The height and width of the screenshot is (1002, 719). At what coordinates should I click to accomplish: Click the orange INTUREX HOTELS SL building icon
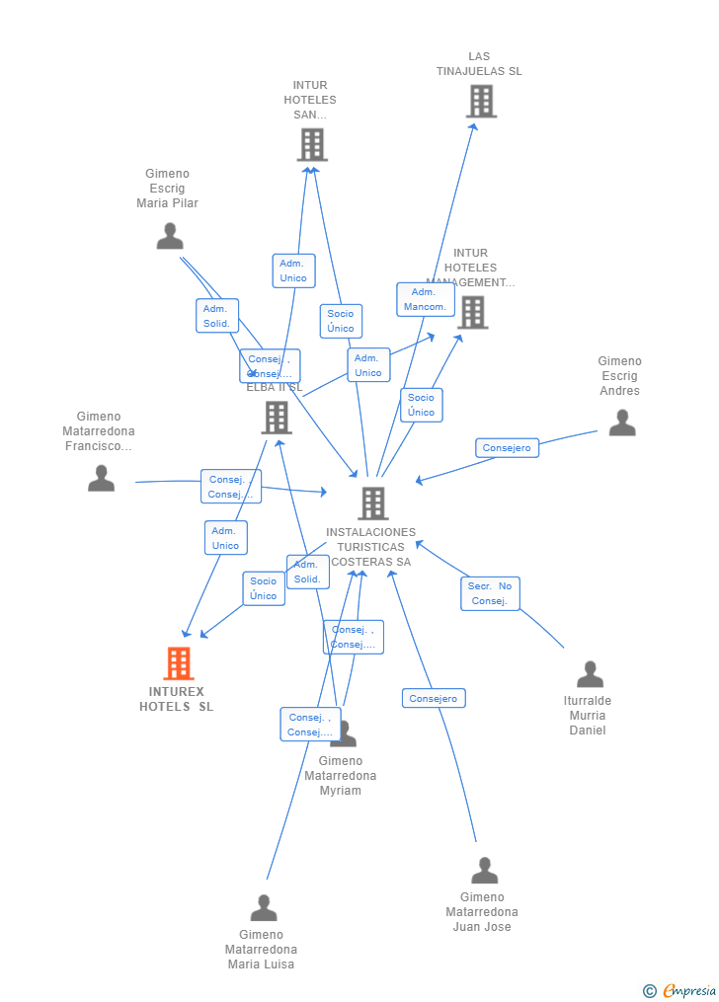click(x=179, y=663)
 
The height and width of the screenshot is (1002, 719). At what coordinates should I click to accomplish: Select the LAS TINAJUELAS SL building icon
click(x=481, y=101)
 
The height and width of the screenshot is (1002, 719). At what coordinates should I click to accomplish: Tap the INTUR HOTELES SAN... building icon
click(x=312, y=145)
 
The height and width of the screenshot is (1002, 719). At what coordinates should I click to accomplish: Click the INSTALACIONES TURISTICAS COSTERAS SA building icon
click(x=372, y=503)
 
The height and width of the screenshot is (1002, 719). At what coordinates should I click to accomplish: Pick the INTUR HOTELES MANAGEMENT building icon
click(x=472, y=312)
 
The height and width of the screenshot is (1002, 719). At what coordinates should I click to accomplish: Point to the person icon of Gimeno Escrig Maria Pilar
click(x=170, y=236)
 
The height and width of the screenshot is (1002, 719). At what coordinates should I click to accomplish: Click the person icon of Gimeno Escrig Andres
click(x=622, y=423)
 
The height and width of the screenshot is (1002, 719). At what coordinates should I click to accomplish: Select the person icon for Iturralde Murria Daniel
click(x=590, y=674)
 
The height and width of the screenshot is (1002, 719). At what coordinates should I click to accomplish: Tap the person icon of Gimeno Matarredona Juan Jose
click(x=484, y=871)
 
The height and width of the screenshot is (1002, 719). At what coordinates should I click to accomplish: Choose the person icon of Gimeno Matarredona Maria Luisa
click(x=264, y=907)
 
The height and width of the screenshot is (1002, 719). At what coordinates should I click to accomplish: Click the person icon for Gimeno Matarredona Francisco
click(x=101, y=478)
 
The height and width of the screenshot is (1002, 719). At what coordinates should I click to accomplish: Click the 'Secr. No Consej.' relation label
click(x=490, y=593)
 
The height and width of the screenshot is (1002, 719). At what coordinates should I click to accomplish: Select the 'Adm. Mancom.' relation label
click(x=424, y=299)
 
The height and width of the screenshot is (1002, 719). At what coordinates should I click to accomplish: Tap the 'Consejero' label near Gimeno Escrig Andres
click(x=507, y=448)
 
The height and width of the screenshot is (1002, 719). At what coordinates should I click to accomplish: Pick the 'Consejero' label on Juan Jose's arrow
click(x=434, y=699)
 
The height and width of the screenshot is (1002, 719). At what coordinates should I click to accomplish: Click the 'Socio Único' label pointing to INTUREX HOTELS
click(x=264, y=588)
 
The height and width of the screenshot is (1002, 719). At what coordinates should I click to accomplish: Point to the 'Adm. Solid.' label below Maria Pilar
click(x=216, y=316)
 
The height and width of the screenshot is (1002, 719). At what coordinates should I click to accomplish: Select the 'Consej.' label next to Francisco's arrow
click(x=230, y=487)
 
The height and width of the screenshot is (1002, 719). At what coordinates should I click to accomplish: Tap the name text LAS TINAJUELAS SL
click(x=479, y=64)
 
